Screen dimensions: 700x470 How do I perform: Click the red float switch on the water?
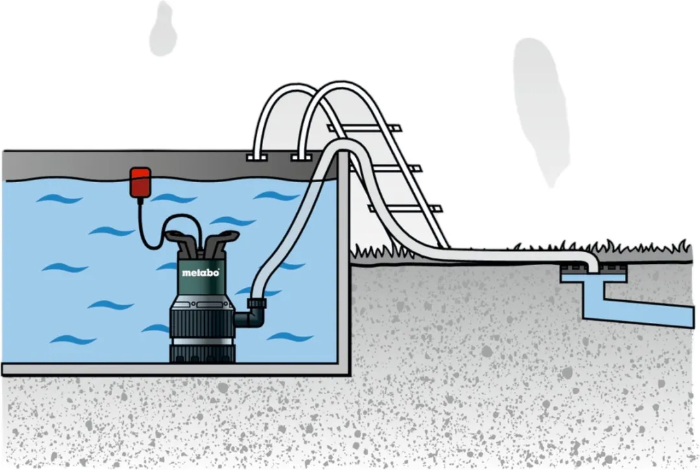point(140,182)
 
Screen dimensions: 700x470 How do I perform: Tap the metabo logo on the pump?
point(200,272)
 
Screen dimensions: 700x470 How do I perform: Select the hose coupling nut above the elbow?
point(257,303)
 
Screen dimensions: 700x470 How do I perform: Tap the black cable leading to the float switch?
point(152,228)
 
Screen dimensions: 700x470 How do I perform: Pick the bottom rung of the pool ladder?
point(404,209)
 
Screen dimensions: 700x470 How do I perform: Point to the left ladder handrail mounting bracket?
point(256,158)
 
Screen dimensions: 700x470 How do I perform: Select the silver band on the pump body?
point(202,343)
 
